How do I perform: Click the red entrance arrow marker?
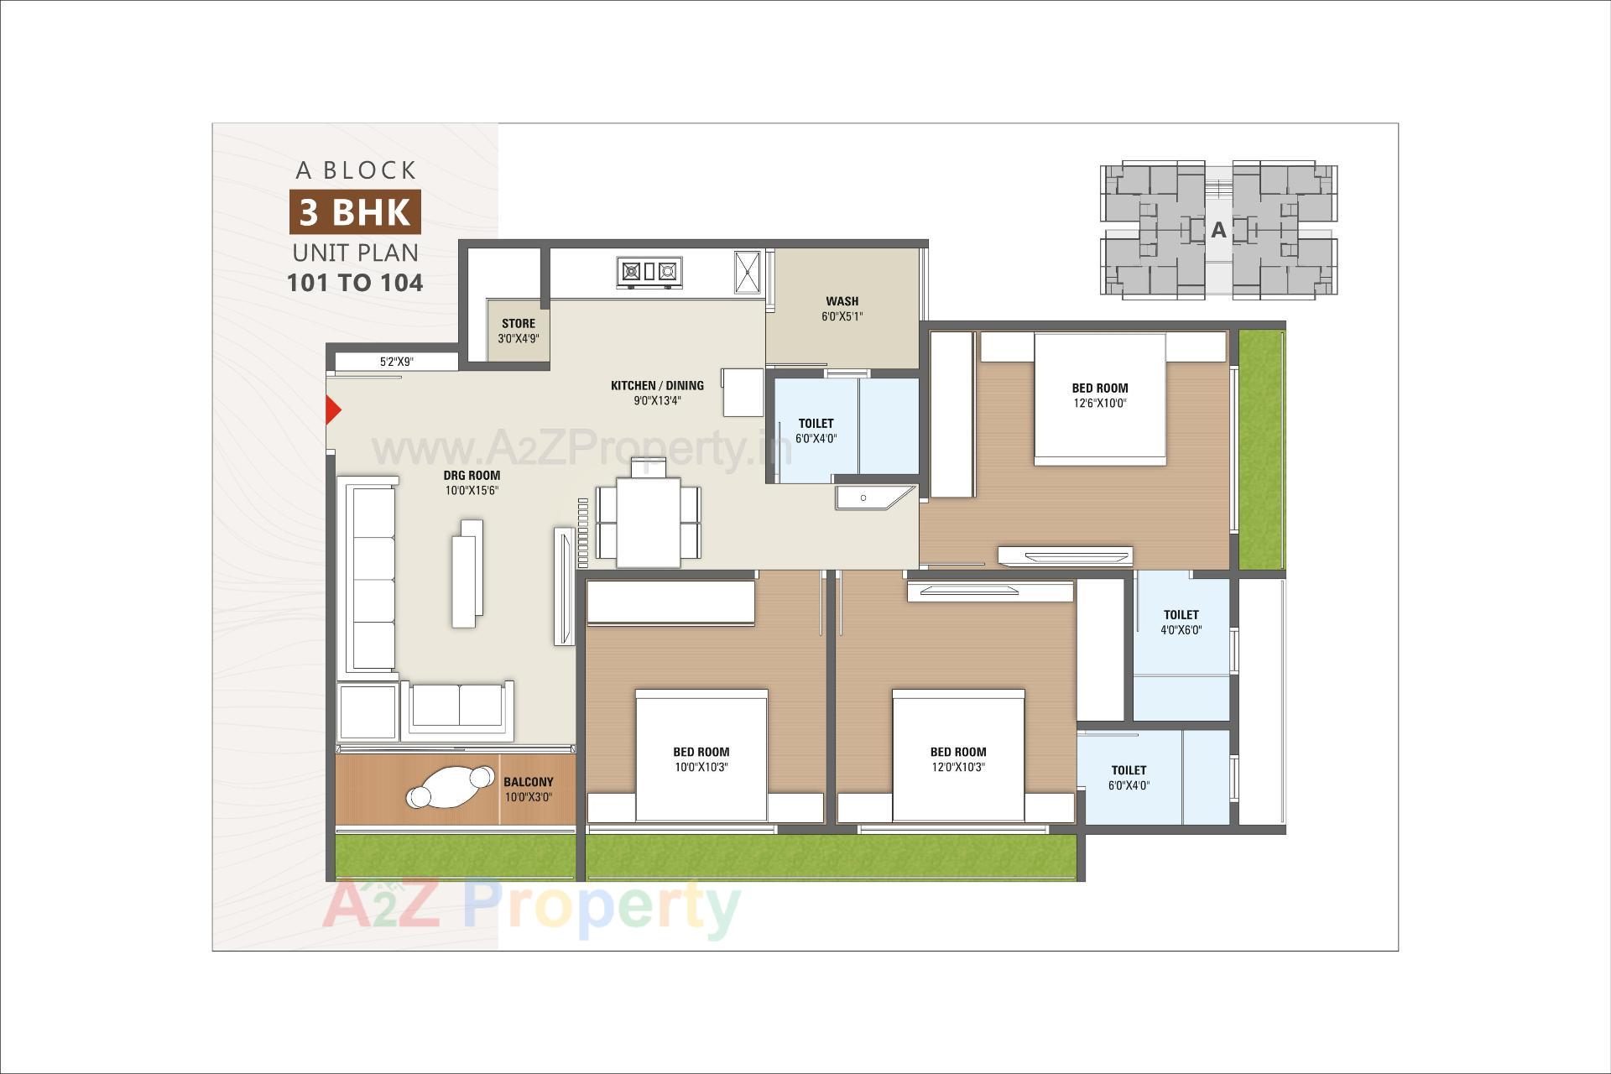(333, 410)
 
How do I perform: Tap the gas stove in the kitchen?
(649, 272)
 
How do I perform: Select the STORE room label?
(518, 324)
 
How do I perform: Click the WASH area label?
(842, 301)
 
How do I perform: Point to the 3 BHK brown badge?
(355, 212)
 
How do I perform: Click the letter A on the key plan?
(1218, 230)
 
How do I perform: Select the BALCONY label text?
(528, 782)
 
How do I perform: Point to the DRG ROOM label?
(472, 476)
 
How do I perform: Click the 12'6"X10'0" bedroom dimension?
(1099, 404)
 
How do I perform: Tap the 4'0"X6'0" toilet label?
(1181, 630)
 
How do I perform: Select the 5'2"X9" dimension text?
(396, 362)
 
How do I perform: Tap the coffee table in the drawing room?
(467, 573)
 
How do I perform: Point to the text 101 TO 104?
(355, 283)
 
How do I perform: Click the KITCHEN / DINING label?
(657, 386)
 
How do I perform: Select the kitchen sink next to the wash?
(747, 272)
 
